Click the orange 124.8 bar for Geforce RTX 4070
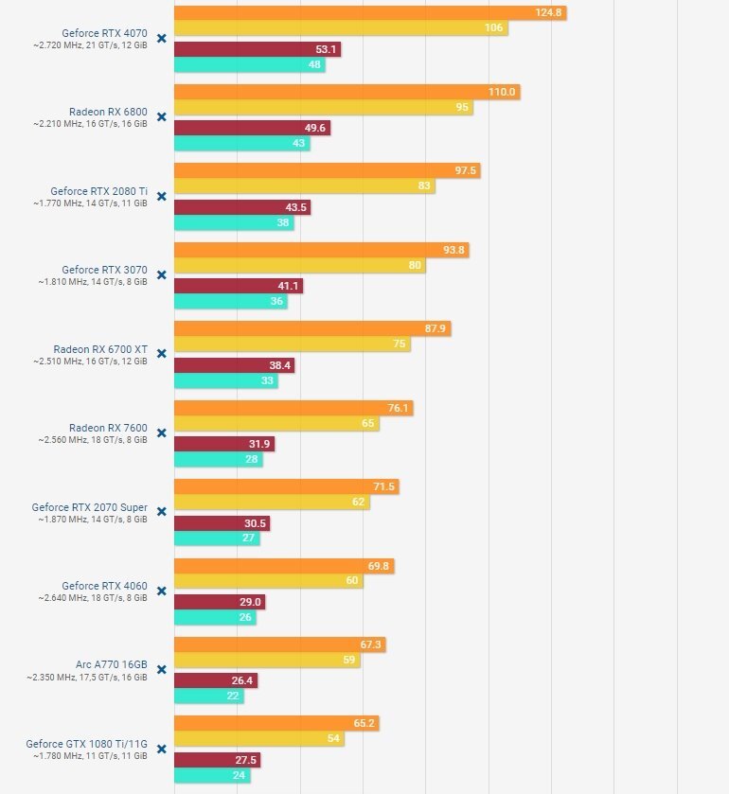click(x=369, y=12)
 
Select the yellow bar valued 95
click(x=323, y=108)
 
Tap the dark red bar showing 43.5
click(x=241, y=207)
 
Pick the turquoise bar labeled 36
click(x=230, y=302)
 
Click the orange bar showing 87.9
click(x=311, y=328)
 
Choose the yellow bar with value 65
click(x=276, y=424)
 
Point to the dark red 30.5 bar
click(x=222, y=523)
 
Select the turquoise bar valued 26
click(x=215, y=617)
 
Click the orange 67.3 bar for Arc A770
click(x=279, y=644)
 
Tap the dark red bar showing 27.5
click(x=217, y=759)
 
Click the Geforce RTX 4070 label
click(x=104, y=32)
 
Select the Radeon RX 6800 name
click(x=108, y=112)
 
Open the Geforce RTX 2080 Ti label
click(x=104, y=190)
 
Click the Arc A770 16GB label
click(x=112, y=664)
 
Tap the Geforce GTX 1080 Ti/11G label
click(x=86, y=743)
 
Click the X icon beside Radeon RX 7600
click(x=161, y=432)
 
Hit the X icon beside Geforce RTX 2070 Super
click(x=161, y=512)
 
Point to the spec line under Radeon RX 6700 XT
click(x=90, y=362)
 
